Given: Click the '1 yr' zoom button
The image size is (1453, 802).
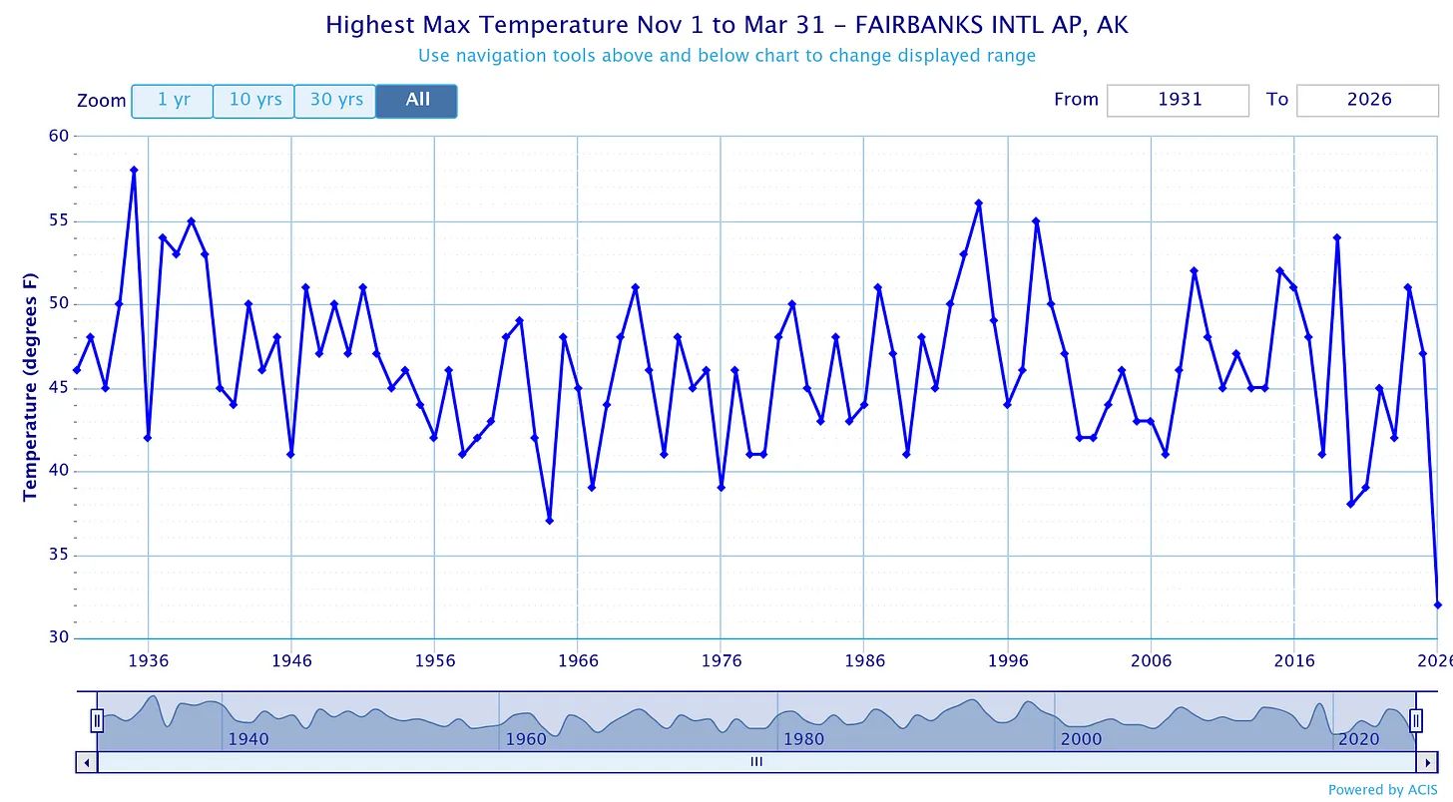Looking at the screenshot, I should point(173,101).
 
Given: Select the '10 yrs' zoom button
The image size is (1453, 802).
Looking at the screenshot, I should point(254,101).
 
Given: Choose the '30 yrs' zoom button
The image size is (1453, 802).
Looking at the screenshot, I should point(335,101).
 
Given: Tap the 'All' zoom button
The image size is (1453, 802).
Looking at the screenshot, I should point(417,101).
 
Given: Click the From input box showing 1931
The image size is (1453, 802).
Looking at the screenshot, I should point(1178,100).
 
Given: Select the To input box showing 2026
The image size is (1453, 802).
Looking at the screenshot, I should point(1367,100).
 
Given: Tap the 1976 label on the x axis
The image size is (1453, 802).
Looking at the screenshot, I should point(722,660).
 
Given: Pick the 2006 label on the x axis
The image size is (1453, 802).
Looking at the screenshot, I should point(1151,660).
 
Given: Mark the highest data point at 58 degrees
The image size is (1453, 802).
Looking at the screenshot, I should point(134,170).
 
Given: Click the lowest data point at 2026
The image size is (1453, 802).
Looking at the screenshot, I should point(1438,604).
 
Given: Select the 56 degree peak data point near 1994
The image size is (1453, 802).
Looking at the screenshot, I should point(979,203).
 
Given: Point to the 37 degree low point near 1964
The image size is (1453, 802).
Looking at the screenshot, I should point(549,521).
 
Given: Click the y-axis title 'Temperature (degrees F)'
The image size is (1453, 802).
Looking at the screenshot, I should point(29,386).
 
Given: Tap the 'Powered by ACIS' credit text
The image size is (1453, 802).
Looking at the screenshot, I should point(1382,790).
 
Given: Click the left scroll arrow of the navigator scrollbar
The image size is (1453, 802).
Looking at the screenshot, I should point(87,762).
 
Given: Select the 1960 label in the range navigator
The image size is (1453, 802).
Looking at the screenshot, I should point(526,739).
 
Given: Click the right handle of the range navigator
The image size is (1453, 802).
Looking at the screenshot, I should point(1415,719).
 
